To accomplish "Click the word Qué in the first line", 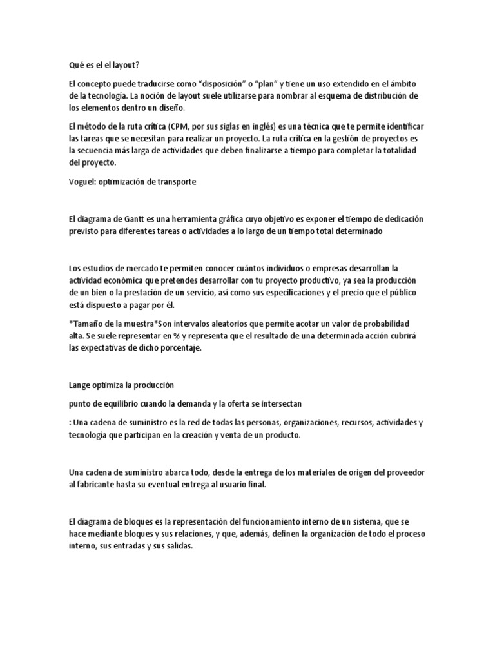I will (x=77, y=65).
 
